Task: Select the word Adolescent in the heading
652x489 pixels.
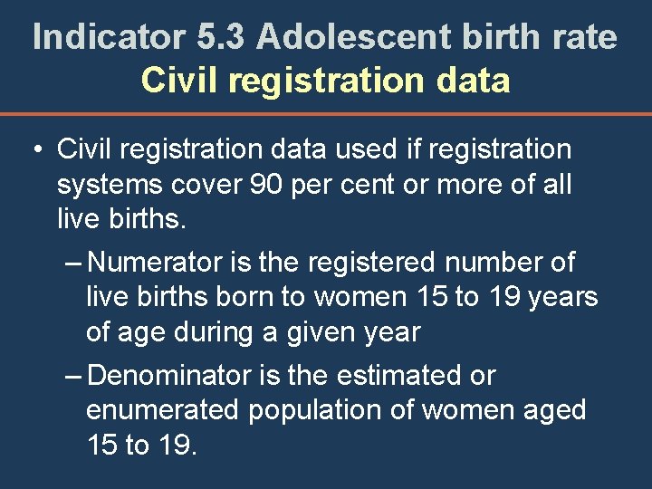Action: pyautogui.click(x=353, y=37)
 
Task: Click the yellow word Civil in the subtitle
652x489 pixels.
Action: pyautogui.click(x=179, y=81)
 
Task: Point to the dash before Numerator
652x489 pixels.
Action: pyautogui.click(x=75, y=263)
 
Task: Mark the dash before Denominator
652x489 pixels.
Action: pyautogui.click(x=75, y=375)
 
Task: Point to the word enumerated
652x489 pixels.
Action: pyautogui.click(x=161, y=409)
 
